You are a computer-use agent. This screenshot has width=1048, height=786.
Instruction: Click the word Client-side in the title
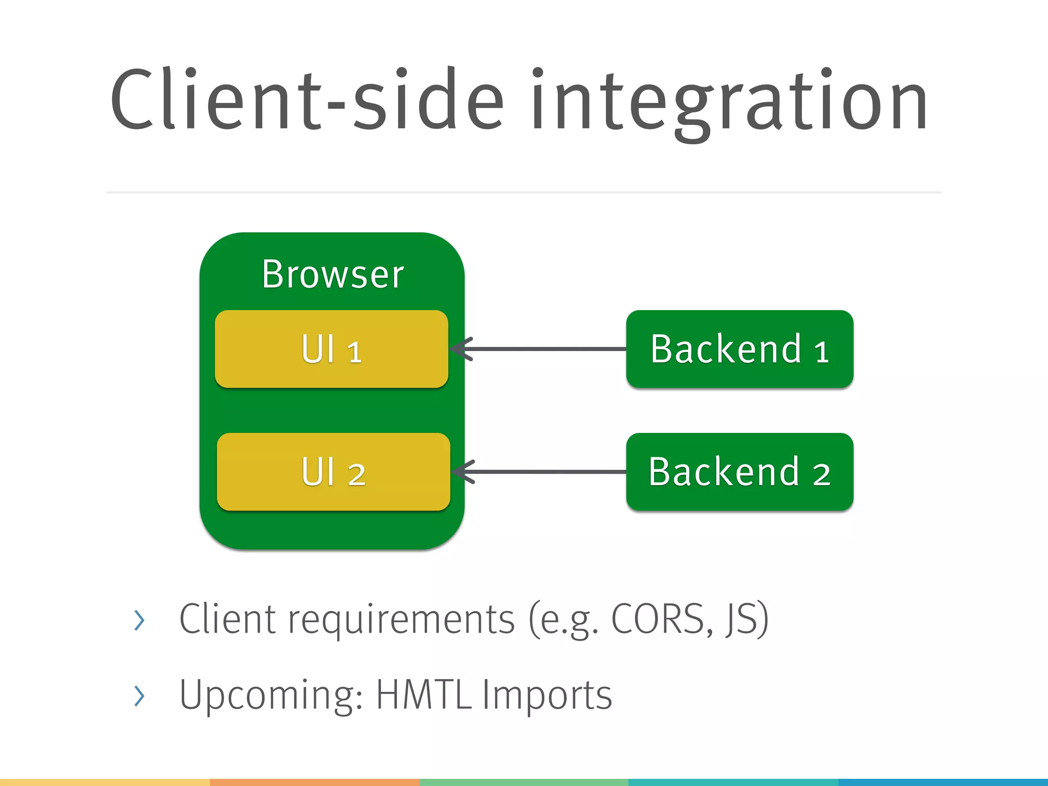coord(307,100)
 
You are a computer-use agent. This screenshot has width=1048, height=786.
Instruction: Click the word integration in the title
coord(729,102)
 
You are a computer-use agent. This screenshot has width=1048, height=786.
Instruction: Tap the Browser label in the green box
coord(333,275)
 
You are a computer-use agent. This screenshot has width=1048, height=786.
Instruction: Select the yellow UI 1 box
coord(332,349)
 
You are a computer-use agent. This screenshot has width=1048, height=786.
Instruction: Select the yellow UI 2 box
coord(333,472)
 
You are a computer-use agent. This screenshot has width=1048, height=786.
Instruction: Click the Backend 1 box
coord(739,349)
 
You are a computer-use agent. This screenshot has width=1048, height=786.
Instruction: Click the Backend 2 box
coord(739,472)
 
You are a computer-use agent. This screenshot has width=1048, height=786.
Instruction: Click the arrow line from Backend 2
coord(548,472)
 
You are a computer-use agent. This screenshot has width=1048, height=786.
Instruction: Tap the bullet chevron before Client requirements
coord(139,620)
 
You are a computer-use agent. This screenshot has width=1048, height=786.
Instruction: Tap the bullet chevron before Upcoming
coord(139,696)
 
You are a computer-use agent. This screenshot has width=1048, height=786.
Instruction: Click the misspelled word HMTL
coord(424,695)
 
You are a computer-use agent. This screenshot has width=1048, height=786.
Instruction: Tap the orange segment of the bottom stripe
coord(314,782)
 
